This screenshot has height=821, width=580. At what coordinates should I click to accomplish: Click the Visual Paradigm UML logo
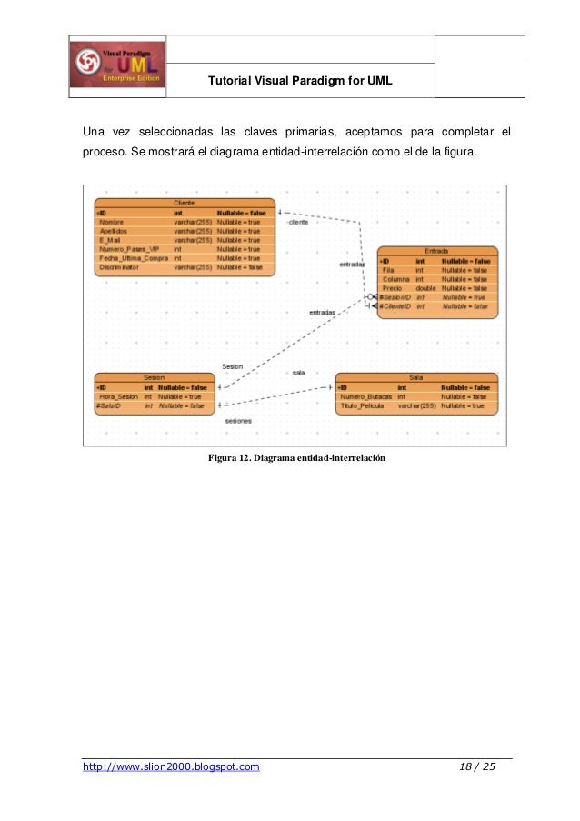click(116, 67)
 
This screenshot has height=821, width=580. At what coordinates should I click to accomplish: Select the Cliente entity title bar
click(185, 202)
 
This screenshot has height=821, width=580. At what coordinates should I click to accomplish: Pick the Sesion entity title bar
click(155, 376)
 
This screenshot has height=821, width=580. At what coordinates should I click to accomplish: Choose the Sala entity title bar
click(415, 376)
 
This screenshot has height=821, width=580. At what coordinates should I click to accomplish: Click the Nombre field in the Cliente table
click(113, 222)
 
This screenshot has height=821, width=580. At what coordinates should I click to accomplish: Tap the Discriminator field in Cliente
click(120, 267)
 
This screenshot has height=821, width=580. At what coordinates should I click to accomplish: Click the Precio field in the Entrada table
click(394, 288)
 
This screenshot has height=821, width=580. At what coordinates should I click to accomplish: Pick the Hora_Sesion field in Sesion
click(119, 396)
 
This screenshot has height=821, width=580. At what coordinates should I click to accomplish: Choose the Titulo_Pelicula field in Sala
click(364, 405)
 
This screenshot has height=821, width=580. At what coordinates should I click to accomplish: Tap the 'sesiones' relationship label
click(238, 422)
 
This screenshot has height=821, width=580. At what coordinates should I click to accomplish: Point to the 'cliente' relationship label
click(298, 222)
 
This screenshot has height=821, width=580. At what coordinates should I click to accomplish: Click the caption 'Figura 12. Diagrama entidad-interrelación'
click(297, 457)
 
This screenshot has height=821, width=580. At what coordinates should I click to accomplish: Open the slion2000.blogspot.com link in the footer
click(171, 767)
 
